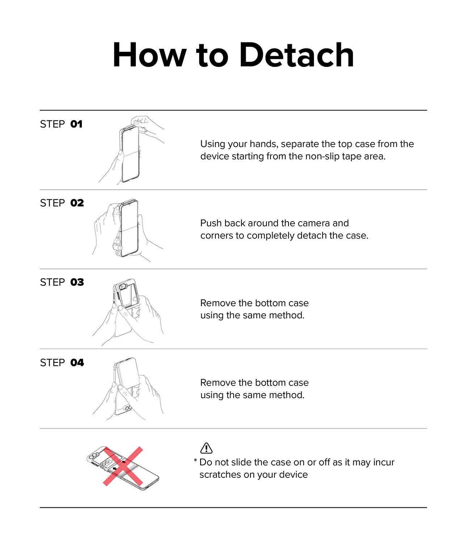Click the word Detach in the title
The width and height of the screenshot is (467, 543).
[296, 55]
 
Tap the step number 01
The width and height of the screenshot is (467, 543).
[76, 124]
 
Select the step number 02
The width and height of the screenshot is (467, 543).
[77, 203]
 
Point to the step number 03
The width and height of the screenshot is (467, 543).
[77, 282]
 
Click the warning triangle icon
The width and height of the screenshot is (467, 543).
[206, 448]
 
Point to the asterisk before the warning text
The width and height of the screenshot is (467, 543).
[195, 460]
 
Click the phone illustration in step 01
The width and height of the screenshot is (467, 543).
[130, 153]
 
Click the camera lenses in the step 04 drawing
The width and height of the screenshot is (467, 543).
[128, 408]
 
